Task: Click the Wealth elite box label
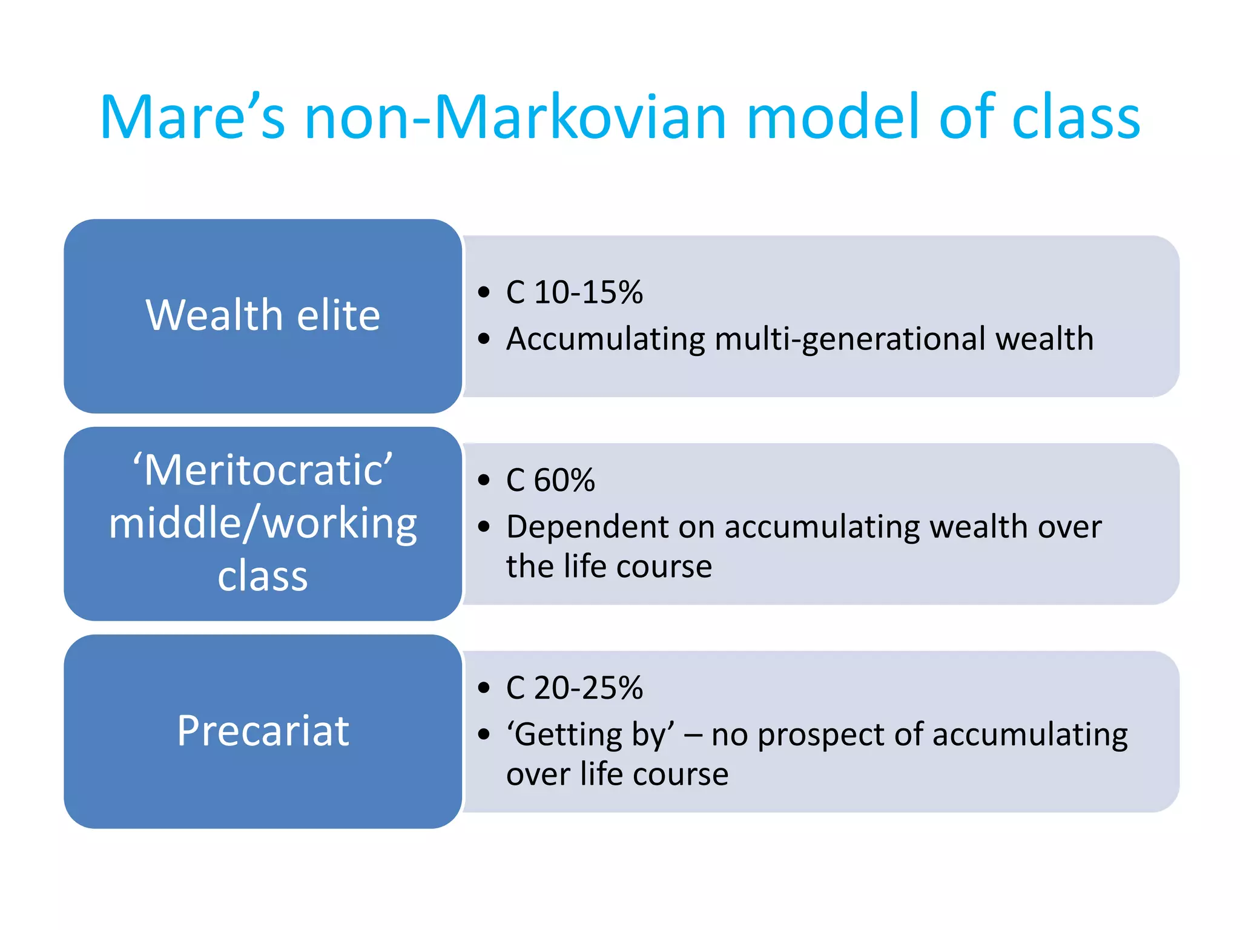[x=263, y=315]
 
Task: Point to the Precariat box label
[x=263, y=731]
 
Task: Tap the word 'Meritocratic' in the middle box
[x=263, y=470]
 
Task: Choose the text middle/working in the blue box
[x=263, y=523]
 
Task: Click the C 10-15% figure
[x=574, y=292]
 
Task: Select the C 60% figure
[x=550, y=480]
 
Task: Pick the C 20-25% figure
[x=574, y=688]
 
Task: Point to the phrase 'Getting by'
[x=590, y=735]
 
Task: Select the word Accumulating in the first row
[x=605, y=339]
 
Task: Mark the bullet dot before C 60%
[x=483, y=481]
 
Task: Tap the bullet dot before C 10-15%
[x=483, y=293]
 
